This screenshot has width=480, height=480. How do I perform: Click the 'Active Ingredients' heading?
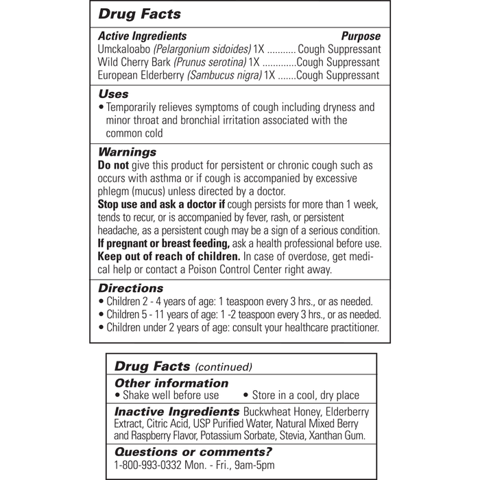click(x=143, y=36)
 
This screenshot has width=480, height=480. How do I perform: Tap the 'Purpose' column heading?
click(x=361, y=36)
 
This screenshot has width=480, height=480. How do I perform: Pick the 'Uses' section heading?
click(x=113, y=94)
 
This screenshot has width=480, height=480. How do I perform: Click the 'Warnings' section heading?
click(x=128, y=152)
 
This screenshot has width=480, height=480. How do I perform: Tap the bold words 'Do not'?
click(x=113, y=166)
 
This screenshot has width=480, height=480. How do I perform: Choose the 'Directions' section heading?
click(x=131, y=289)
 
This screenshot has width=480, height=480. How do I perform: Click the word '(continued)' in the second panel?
click(x=225, y=367)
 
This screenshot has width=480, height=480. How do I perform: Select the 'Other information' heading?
click(x=171, y=383)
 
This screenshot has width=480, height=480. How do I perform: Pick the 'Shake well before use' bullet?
click(x=169, y=396)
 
